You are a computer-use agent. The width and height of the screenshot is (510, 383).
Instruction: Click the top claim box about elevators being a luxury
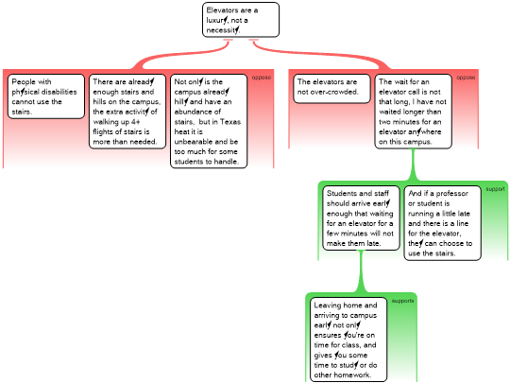click(x=241, y=20)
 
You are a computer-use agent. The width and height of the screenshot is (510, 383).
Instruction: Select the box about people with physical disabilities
click(x=46, y=96)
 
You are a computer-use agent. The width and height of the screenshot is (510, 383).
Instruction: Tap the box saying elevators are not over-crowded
click(x=331, y=89)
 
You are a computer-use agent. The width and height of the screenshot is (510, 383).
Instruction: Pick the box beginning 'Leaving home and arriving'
click(x=348, y=339)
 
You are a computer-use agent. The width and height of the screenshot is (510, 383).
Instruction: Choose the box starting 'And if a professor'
click(x=442, y=223)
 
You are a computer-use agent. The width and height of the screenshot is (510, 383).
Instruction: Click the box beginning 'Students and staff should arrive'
click(x=361, y=218)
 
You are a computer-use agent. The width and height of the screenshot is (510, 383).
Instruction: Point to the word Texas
click(x=230, y=122)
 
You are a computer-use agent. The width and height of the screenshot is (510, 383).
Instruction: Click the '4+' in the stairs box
click(x=136, y=122)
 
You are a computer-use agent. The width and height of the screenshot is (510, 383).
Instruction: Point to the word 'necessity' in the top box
click(x=223, y=30)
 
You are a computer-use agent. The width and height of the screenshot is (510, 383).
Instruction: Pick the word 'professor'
click(x=451, y=194)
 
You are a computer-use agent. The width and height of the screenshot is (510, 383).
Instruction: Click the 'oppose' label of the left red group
click(x=262, y=78)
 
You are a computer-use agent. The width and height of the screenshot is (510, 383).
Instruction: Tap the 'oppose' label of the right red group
click(x=466, y=78)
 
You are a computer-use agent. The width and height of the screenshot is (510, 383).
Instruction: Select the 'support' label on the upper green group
click(x=496, y=189)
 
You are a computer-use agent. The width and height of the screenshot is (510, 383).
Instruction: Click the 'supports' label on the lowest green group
click(x=402, y=301)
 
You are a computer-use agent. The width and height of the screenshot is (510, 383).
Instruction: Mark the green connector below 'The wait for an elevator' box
click(x=414, y=165)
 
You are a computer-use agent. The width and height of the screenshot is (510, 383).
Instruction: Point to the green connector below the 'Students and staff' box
click(x=361, y=271)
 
